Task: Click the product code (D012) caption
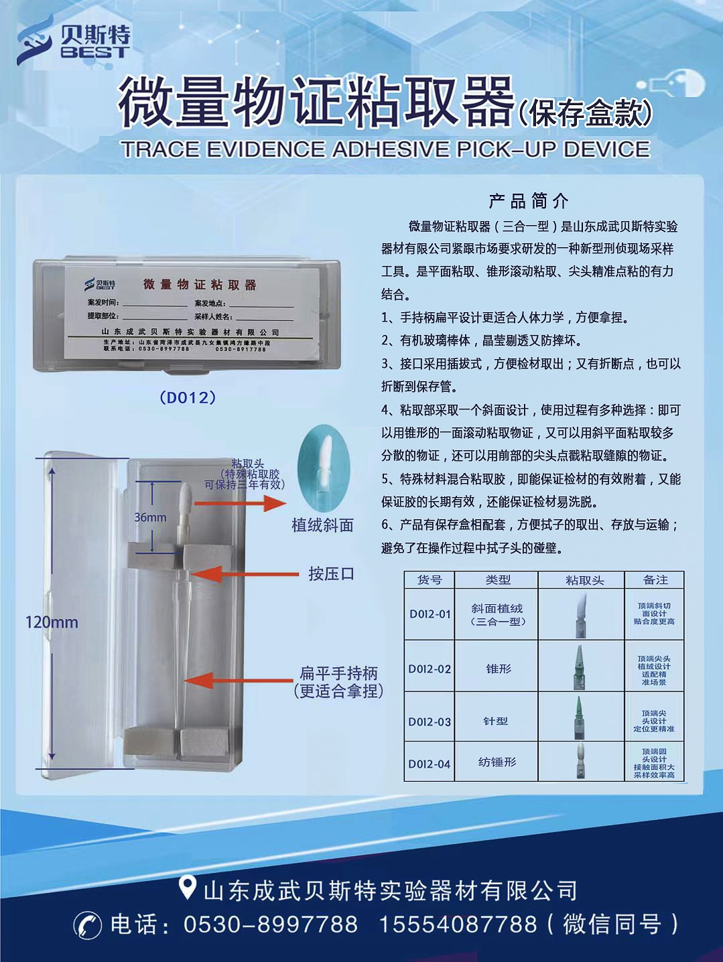188,398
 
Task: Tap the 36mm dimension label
150,517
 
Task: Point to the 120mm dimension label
52,622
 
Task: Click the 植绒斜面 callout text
322,525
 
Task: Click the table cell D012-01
430,614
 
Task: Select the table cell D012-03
430,721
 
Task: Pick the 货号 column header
430,580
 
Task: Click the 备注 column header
655,580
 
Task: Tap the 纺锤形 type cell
497,762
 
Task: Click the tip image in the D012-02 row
580,667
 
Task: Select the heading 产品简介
529,200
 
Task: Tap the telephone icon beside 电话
87,925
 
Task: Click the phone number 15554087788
458,924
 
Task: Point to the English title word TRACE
161,149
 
